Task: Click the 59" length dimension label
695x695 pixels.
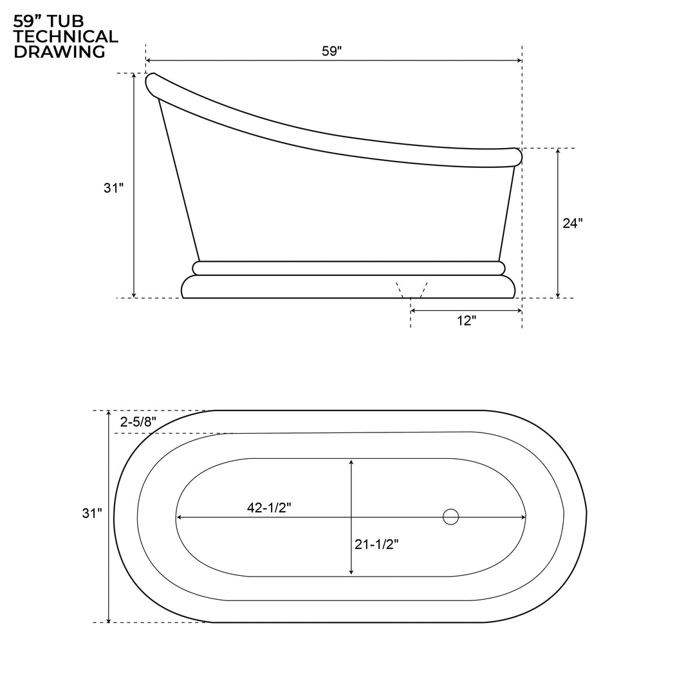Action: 331,51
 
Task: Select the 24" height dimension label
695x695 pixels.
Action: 572,223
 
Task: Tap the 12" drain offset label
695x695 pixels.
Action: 467,320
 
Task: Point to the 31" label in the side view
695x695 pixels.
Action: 113,188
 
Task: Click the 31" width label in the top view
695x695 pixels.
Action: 92,513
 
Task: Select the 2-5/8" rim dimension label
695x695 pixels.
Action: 138,422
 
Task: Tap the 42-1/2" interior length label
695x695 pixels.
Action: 269,508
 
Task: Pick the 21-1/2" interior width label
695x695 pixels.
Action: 376,544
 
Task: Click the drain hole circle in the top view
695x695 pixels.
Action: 450,517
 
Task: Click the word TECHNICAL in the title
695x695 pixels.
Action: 66,37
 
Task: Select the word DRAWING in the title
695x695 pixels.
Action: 59,52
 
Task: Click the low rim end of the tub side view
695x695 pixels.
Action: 516,156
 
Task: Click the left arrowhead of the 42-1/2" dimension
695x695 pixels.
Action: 180,517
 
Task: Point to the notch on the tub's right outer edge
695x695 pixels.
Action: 586,512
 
